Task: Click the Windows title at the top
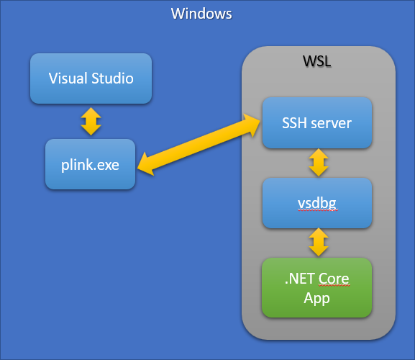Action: click(201, 14)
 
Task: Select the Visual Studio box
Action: click(91, 78)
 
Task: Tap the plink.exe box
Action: click(91, 164)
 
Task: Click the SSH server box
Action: click(317, 123)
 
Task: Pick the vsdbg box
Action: click(317, 203)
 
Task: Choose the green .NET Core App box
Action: click(317, 287)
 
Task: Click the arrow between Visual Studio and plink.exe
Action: click(91, 121)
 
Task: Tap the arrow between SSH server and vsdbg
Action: click(317, 163)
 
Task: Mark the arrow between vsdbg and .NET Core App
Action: click(317, 243)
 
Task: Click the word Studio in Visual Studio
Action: click(111, 78)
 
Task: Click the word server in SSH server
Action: click(331, 123)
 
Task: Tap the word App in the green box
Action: click(317, 297)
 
